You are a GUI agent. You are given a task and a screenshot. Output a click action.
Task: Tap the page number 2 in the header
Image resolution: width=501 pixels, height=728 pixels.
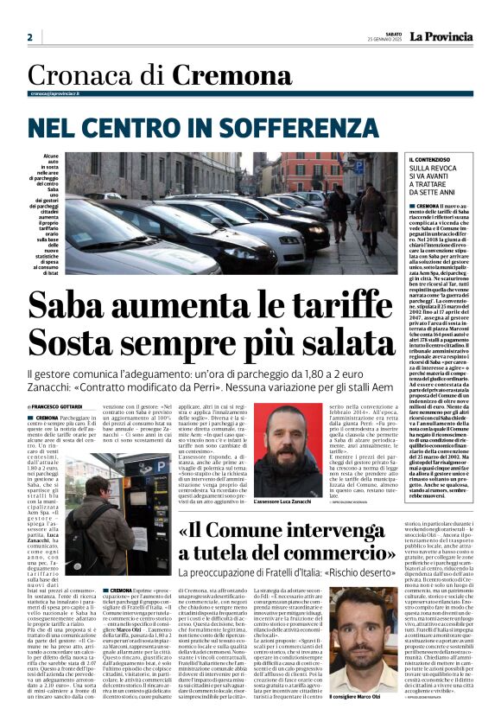pyautogui.click(x=29, y=37)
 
